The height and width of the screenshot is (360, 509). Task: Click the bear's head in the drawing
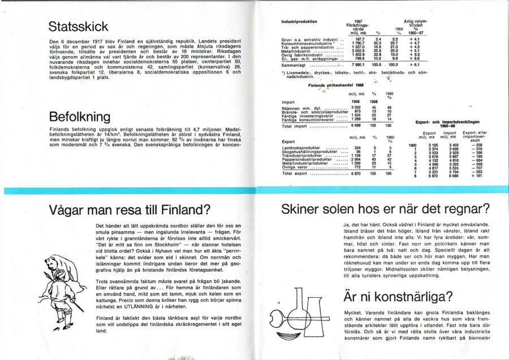[55, 264]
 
